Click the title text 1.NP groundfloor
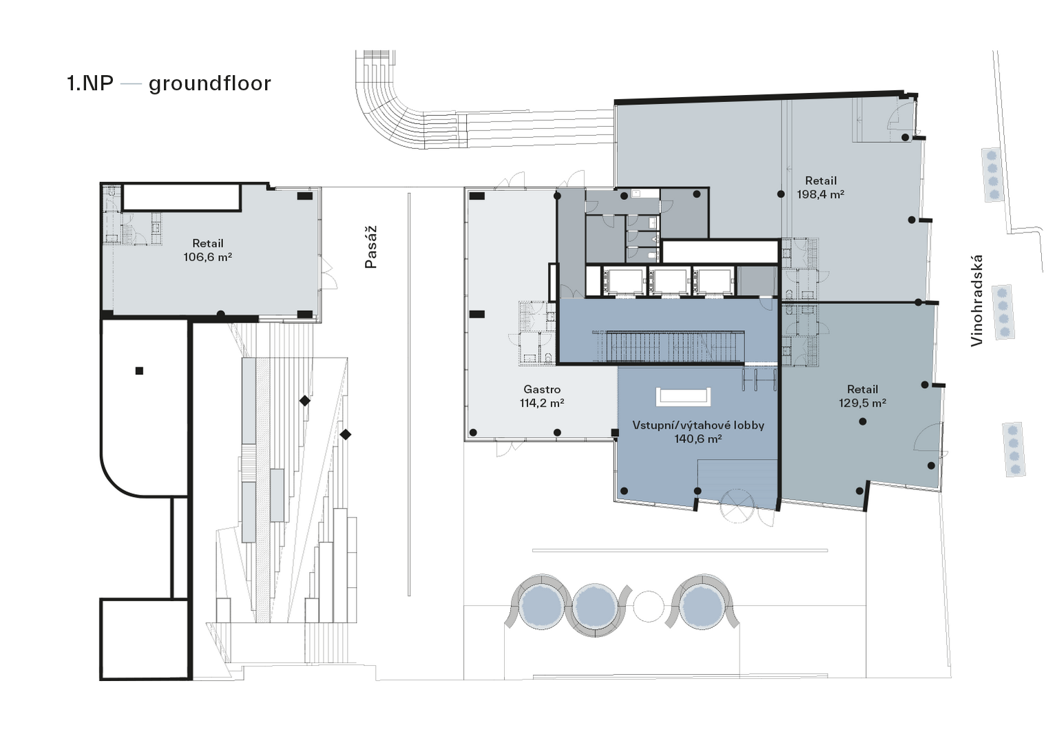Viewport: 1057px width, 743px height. pos(169,83)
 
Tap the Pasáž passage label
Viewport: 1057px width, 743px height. pos(371,247)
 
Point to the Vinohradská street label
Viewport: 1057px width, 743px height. pos(976,301)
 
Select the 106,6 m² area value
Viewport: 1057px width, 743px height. pos(208,257)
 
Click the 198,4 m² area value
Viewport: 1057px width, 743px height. pos(821,194)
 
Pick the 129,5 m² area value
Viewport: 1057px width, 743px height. pos(862,403)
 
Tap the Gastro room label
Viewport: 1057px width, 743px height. pos(542,389)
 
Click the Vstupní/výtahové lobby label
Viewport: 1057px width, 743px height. pos(698,425)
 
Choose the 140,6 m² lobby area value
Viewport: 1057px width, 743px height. pos(698,439)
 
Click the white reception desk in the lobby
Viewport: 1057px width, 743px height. pos(683,397)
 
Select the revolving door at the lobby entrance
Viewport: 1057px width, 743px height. pos(737,506)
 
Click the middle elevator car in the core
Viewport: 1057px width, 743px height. pos(669,281)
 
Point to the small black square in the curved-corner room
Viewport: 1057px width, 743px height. pos(139,371)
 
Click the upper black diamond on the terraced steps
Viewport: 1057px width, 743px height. pos(305,401)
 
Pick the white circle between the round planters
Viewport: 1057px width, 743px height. pos(649,607)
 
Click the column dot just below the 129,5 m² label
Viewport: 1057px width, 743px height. pos(863,421)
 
